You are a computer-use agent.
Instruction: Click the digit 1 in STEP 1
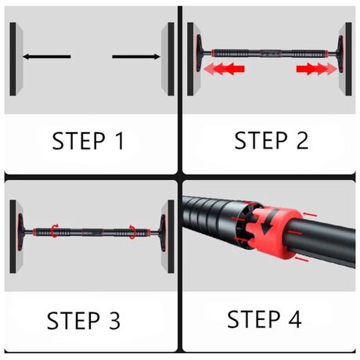tap(120, 141)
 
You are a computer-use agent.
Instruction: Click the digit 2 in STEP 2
tap(302, 140)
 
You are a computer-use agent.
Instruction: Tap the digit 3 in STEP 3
tap(114, 320)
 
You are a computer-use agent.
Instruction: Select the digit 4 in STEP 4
tap(295, 319)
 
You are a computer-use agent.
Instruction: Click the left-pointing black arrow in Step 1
tap(47, 56)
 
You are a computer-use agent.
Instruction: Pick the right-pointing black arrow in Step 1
tap(136, 56)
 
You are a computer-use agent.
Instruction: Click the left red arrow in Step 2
tap(224, 69)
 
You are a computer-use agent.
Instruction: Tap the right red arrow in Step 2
tap(317, 69)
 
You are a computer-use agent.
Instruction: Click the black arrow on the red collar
tap(269, 221)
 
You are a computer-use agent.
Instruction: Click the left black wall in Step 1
tap(13, 59)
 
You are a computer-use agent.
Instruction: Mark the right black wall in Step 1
tap(171, 59)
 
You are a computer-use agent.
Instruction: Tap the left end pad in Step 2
tap(199, 53)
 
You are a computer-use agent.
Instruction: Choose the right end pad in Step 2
tap(340, 54)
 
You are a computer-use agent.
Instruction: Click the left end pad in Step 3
tap(20, 232)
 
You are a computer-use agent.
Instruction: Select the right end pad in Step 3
tap(163, 232)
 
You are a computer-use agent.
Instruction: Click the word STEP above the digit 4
tap(254, 319)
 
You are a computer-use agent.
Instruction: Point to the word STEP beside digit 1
tap(79, 141)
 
